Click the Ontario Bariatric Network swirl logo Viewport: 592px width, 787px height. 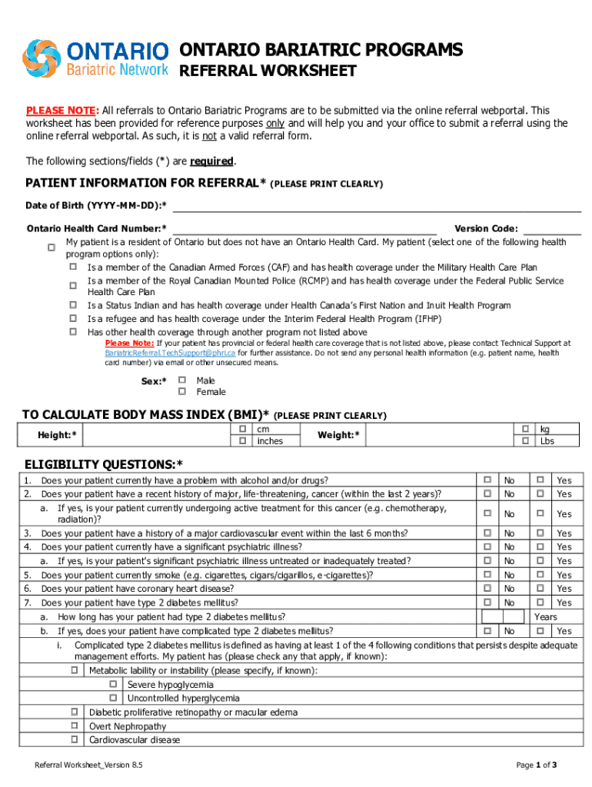[x=45, y=58]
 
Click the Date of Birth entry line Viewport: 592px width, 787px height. [x=377, y=205]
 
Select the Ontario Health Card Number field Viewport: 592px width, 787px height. [x=304, y=227]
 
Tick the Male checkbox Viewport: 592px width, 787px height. [x=182, y=380]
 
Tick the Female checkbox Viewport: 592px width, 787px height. [x=182, y=391]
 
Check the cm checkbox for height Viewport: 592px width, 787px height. [x=242, y=429]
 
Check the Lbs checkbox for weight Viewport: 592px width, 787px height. [x=525, y=441]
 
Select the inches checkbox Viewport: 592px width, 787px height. [x=242, y=441]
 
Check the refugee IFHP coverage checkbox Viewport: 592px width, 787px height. [x=73, y=317]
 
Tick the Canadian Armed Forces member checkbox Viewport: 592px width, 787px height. [x=73, y=267]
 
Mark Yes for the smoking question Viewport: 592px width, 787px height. [x=540, y=574]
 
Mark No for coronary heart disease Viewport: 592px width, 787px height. [x=487, y=588]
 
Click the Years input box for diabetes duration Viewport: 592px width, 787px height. [x=504, y=616]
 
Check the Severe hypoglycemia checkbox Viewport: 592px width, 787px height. [x=113, y=684]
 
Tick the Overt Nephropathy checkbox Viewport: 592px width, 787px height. [x=75, y=726]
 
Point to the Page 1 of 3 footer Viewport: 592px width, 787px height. [x=536, y=765]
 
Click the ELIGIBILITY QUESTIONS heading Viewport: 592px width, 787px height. [x=104, y=464]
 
